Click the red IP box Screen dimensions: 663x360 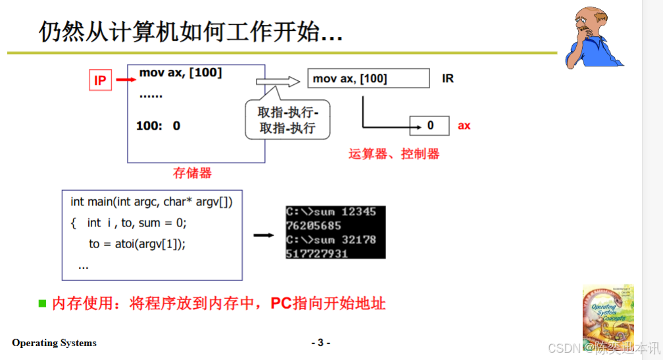tap(100, 80)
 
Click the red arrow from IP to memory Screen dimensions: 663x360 tap(124, 80)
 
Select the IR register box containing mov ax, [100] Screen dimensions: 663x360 tap(368, 79)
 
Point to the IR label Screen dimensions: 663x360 tap(448, 79)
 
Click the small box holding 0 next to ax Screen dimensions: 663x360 tap(430, 125)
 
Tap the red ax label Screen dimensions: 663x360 tap(464, 125)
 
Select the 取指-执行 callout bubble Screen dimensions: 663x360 tap(287, 120)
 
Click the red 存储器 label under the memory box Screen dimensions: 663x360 tap(192, 173)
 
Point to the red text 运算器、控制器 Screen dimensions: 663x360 tap(393, 154)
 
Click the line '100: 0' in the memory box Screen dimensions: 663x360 tap(158, 125)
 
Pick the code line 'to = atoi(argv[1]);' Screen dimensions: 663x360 tap(137, 244)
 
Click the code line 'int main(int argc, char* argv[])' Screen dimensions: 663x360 tap(151, 202)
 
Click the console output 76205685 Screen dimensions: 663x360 tap(313, 226)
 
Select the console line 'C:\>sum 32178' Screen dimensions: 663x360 tap(331, 240)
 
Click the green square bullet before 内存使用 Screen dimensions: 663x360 tap(43, 303)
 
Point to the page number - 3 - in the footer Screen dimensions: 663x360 tap(320, 342)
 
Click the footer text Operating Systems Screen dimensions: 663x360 tap(54, 343)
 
